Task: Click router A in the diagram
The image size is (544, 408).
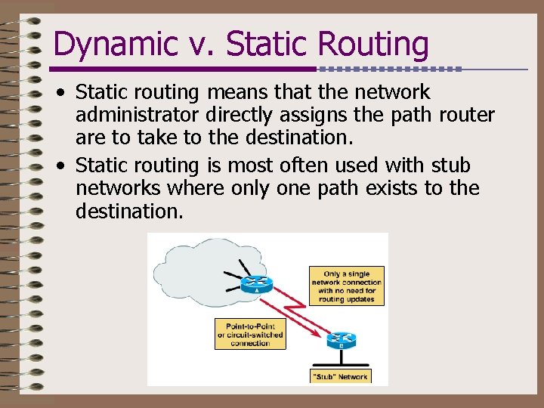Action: pos(257,283)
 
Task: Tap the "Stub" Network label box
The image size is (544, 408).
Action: pos(340,376)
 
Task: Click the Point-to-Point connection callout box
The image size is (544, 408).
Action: pos(250,333)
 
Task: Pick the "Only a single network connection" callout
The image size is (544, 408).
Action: pos(347,286)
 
